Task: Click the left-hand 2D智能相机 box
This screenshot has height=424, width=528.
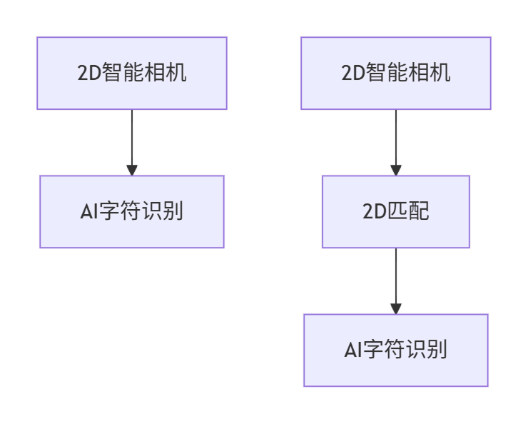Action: [x=132, y=74]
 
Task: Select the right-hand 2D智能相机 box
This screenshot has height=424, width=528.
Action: [x=396, y=74]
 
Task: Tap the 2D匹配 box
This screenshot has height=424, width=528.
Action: [x=396, y=212]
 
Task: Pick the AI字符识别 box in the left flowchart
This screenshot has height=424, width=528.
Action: [x=132, y=212]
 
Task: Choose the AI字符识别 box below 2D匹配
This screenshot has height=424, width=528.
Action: [x=396, y=350]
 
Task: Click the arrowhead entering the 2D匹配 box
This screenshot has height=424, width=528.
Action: [x=396, y=171]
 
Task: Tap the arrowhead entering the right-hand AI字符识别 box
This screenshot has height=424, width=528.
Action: [x=396, y=309]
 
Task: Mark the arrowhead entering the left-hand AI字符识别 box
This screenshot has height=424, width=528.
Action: [x=132, y=171]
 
